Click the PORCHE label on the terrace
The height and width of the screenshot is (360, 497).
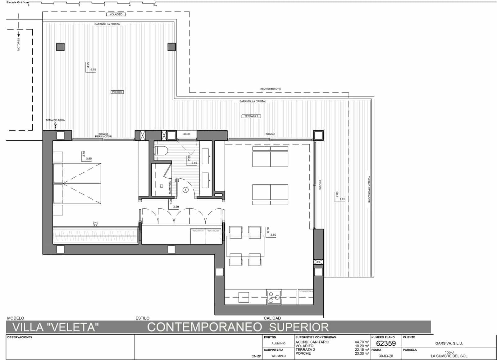pyautogui.click(x=117, y=92)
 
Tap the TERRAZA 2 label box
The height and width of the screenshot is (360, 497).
pyautogui.click(x=251, y=116)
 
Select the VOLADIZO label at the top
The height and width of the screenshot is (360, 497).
pyautogui.click(x=116, y=14)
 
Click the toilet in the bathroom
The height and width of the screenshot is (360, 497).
pyautogui.click(x=161, y=151)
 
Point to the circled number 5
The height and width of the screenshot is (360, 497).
pyautogui.click(x=185, y=190)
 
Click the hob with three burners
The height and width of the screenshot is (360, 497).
pyautogui.click(x=274, y=297)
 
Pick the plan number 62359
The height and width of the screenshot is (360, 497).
pyautogui.click(x=386, y=343)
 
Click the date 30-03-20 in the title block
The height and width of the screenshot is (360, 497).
pyautogui.click(x=386, y=356)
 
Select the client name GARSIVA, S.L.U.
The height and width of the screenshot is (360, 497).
pyautogui.click(x=449, y=343)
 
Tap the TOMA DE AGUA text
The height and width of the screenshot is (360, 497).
pyautogui.click(x=55, y=120)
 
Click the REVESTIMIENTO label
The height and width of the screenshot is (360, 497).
pyautogui.click(x=270, y=89)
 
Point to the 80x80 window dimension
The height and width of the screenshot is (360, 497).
pyautogui.click(x=187, y=134)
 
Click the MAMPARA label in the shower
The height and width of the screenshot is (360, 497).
pyautogui.click(x=170, y=188)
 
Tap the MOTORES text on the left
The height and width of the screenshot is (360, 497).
pyautogui.click(x=19, y=44)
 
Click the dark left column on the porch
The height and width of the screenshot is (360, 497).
pyautogui.click(x=60, y=47)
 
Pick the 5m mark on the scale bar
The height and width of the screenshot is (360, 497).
pyautogui.click(x=155, y=5)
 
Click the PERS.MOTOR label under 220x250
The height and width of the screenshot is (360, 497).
pyautogui.click(x=103, y=137)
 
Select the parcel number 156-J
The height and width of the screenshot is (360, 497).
pyautogui.click(x=449, y=352)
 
